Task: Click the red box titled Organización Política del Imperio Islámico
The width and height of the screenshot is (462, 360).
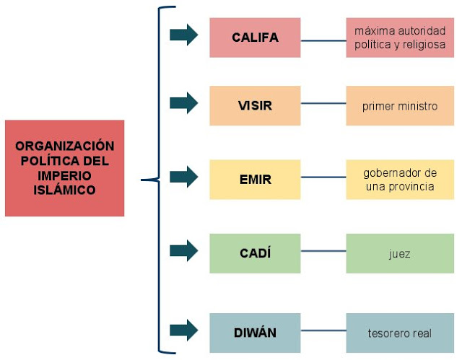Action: coord(64,168)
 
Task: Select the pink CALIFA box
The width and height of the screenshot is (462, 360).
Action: coord(255,38)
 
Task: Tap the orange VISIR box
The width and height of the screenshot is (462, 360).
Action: coord(255,106)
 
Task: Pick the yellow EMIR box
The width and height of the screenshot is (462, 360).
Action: coord(255,180)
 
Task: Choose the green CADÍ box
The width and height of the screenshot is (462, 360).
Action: coord(255,253)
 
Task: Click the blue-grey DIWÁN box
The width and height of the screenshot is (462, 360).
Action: coord(255,333)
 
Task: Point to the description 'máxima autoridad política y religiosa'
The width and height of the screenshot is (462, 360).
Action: coord(400,38)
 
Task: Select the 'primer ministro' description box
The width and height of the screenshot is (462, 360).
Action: coord(400,106)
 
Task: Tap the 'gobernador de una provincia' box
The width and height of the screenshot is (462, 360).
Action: coord(400,180)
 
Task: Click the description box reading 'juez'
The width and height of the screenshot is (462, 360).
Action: coord(400,253)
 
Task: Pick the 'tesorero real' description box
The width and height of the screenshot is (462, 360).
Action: coord(400,333)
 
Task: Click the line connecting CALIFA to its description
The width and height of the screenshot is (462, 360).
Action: coord(323,40)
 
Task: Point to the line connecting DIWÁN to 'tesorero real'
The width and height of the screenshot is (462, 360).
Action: coord(323,333)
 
